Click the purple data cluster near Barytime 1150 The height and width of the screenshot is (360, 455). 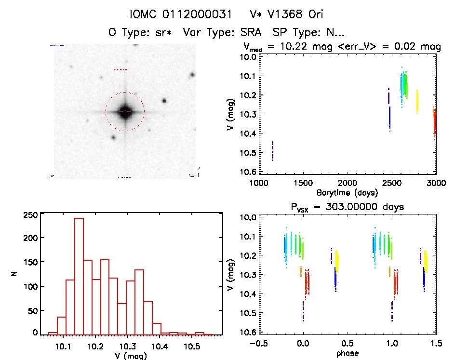click(272, 150)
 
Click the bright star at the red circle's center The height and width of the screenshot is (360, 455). click(125, 111)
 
